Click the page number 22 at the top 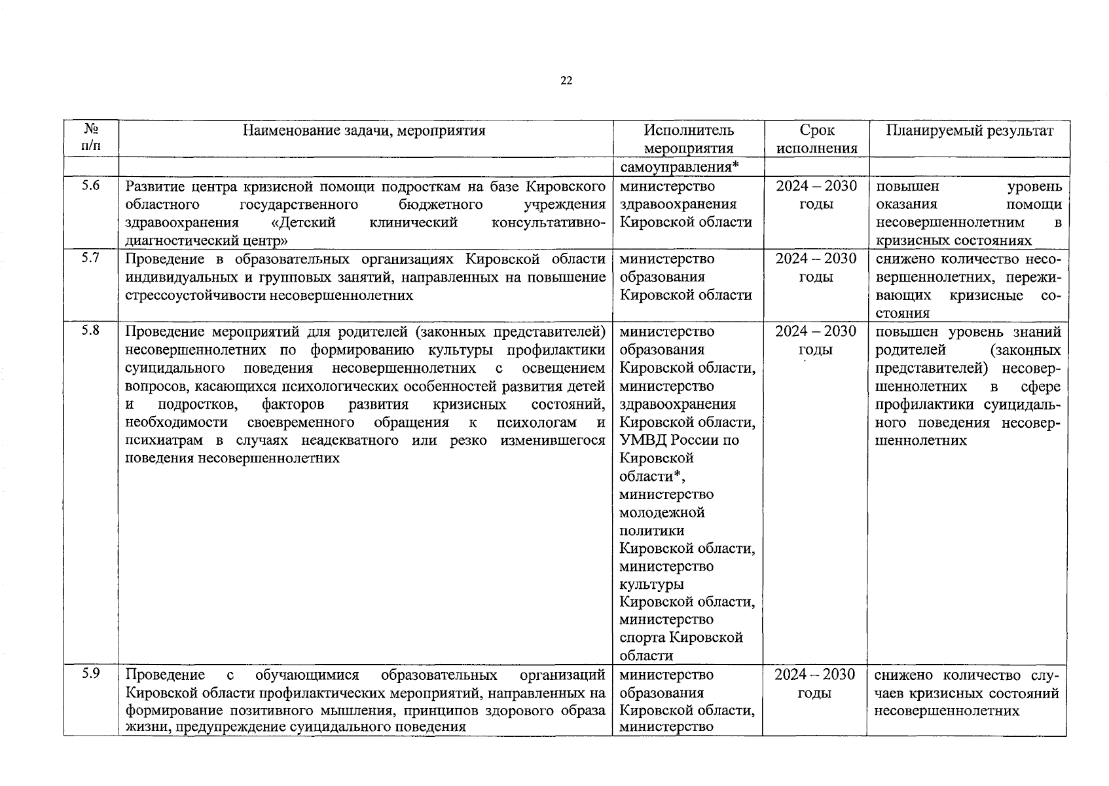(x=566, y=81)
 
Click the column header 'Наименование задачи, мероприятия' (x=364, y=130)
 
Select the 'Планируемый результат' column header (x=970, y=130)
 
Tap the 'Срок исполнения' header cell (x=816, y=139)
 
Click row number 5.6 (x=91, y=185)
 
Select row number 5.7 (x=91, y=257)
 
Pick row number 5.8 (x=91, y=330)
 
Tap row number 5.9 (x=91, y=673)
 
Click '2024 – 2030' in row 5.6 (x=816, y=186)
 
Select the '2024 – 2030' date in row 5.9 (x=815, y=675)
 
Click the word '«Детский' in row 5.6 (x=302, y=222)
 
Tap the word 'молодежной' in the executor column (x=662, y=512)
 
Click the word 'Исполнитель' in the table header (x=688, y=130)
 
